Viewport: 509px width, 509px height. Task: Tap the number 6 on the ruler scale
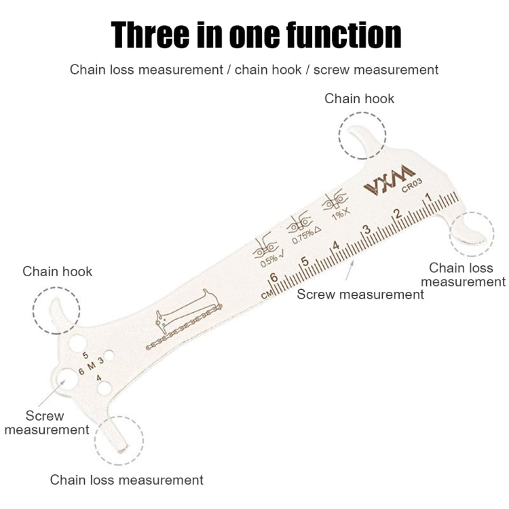pyautogui.click(x=274, y=278)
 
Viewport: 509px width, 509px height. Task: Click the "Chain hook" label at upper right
pyautogui.click(x=359, y=98)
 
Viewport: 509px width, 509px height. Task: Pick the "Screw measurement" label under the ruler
pyautogui.click(x=360, y=295)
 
